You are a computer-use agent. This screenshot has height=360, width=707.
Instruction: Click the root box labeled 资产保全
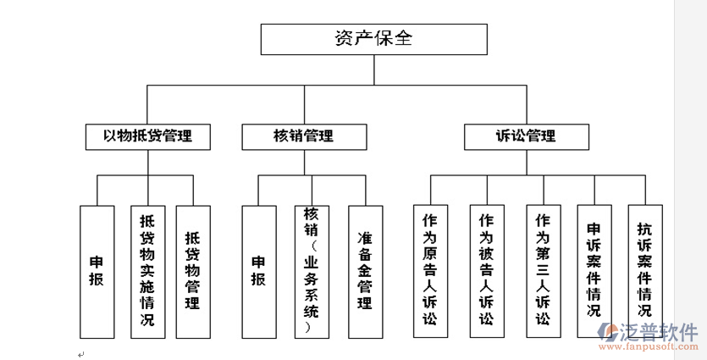tap(373, 39)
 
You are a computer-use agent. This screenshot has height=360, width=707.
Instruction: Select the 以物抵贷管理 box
tap(147, 136)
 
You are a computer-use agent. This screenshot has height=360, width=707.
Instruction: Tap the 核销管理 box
tap(303, 136)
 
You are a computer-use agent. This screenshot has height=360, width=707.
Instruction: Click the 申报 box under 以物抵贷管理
tap(97, 271)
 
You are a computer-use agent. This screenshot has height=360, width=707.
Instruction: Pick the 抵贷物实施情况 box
tap(147, 271)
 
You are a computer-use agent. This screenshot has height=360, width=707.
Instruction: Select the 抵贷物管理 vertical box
tap(192, 271)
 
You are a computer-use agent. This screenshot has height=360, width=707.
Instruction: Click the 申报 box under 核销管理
tap(258, 271)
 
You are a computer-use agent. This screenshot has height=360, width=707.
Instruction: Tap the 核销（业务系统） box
tap(311, 271)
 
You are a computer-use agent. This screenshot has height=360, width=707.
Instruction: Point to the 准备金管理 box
tap(366, 271)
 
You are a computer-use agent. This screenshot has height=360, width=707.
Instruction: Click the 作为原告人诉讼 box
tap(429, 271)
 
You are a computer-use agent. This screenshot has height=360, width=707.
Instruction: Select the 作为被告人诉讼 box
tap(486, 271)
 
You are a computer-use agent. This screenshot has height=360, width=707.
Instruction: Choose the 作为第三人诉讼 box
tap(542, 271)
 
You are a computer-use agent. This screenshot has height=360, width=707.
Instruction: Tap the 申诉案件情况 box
tap(594, 271)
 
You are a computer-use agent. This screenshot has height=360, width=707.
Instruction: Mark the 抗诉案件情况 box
tap(644, 271)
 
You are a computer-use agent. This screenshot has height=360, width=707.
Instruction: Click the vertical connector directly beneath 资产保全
tap(373, 69)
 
